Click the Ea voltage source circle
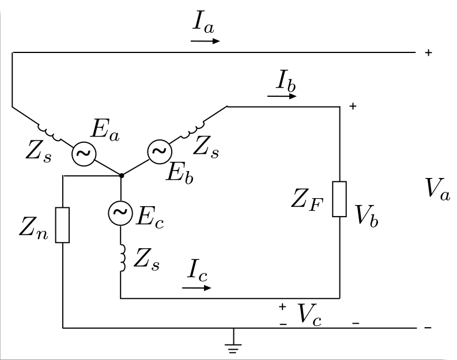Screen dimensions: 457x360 tap(84, 154)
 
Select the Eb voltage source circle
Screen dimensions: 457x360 tap(160, 151)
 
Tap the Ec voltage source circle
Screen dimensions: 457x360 tap(120, 213)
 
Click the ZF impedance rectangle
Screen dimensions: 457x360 tap(339, 199)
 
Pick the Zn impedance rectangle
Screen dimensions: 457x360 tap(62, 225)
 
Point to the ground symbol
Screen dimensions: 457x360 tap(233, 341)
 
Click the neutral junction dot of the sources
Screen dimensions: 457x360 tap(122, 175)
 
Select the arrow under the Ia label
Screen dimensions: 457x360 tap(205, 41)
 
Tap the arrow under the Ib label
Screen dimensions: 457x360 tap(282, 96)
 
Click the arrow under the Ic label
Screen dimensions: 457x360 tap(197, 288)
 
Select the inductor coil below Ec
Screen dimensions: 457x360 tap(123, 258)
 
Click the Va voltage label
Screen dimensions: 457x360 tap(438, 189)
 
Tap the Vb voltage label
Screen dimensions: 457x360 tap(367, 215)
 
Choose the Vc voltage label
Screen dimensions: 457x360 tap(309, 314)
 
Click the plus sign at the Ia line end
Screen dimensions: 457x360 tap(428, 53)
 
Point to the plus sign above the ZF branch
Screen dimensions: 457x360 tap(353, 107)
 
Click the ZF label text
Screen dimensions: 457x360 tap(307, 200)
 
